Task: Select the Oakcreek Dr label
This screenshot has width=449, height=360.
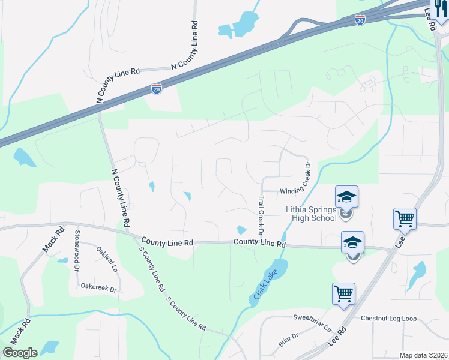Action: click(98, 287)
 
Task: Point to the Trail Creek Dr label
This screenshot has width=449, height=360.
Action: click(261, 214)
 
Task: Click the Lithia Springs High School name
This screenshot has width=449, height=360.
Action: click(310, 214)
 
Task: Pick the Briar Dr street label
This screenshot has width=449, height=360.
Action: click(288, 340)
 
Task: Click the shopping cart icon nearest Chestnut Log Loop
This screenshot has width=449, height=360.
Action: click(343, 294)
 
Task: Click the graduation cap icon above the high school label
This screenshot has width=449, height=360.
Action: click(346, 196)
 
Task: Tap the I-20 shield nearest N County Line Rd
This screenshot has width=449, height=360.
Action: click(156, 89)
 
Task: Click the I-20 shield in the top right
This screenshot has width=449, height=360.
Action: click(360, 20)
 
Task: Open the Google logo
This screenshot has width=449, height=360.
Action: click(20, 353)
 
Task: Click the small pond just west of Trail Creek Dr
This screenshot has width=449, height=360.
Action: click(241, 230)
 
